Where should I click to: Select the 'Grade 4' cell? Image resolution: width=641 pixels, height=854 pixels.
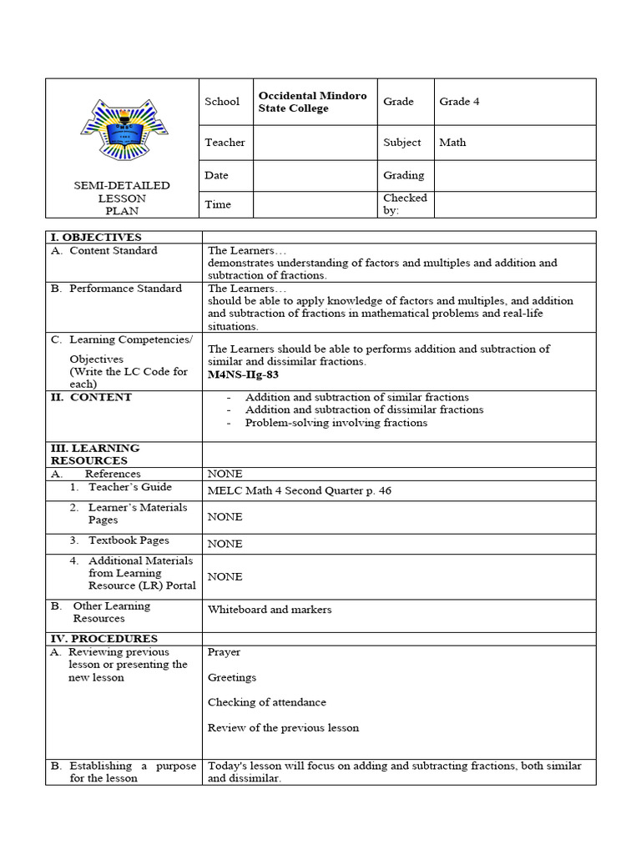tap(459, 102)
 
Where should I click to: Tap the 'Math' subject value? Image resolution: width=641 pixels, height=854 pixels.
tap(452, 143)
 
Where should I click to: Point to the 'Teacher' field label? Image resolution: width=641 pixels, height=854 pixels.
tap(225, 143)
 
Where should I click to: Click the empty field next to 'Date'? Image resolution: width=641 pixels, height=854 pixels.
tap(315, 176)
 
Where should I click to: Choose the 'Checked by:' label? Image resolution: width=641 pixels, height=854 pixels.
tap(405, 204)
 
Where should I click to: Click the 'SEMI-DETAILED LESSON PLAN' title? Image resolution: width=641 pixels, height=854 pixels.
tap(122, 198)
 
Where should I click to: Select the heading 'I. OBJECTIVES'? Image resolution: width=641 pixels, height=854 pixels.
tap(96, 238)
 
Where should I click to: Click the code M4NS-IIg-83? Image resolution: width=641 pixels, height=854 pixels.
tap(243, 375)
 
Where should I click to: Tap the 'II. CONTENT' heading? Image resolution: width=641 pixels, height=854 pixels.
tap(91, 398)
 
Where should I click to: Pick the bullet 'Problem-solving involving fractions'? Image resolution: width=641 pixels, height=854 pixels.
tap(336, 423)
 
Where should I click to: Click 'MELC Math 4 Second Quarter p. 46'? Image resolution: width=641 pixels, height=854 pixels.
tap(299, 491)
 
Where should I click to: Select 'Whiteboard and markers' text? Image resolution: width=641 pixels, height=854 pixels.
tap(269, 610)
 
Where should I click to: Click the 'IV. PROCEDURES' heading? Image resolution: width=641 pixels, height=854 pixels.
tap(103, 639)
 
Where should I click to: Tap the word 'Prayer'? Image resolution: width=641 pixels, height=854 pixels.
tap(224, 652)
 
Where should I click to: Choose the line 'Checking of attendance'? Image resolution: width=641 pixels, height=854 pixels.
tap(266, 702)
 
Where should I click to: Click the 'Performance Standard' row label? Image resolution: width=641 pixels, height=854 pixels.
tap(125, 289)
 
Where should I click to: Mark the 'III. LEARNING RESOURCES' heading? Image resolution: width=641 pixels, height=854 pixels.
tap(94, 455)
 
